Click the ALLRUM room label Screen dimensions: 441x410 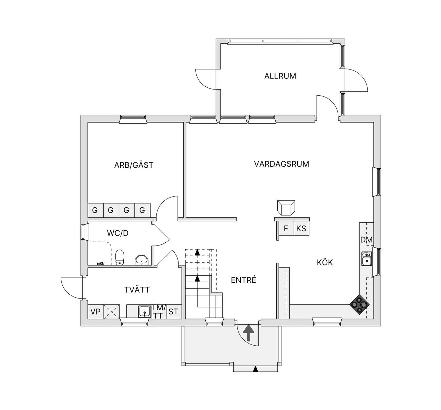tap(280, 76)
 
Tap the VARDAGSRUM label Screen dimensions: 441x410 tap(281, 164)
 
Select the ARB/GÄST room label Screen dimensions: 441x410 tap(134, 165)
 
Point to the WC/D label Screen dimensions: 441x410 tap(117, 233)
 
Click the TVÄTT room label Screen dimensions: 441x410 tap(137, 290)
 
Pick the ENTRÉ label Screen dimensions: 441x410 tap(243, 280)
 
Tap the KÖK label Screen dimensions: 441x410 tap(325, 262)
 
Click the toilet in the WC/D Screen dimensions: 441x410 tap(120, 257)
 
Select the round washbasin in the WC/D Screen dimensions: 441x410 tap(142, 260)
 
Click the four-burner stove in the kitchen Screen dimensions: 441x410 tap(359, 304)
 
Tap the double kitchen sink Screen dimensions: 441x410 tap(366, 259)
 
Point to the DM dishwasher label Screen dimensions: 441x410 tap(366, 240)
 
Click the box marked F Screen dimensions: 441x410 tap(286, 228)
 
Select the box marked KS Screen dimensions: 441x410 tap(301, 228)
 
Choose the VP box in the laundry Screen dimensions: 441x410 tap(96, 312)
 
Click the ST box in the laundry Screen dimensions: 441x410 tap(173, 312)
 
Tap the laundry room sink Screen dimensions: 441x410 tap(145, 312)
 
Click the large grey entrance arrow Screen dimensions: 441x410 tap(249, 333)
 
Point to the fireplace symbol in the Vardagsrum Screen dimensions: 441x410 tap(286, 208)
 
